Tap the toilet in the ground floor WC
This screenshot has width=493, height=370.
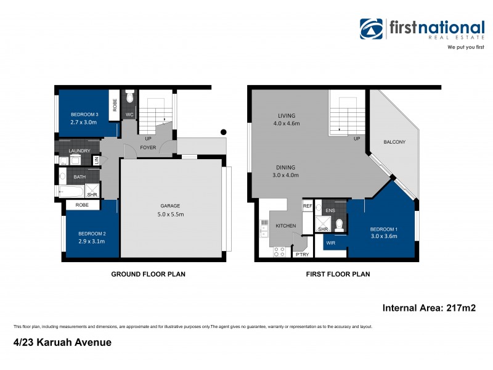pos(129,97)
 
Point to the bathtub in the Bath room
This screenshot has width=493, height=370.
pos(70,191)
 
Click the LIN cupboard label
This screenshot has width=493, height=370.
pos(96,160)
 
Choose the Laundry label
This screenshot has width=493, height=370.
pos(80,150)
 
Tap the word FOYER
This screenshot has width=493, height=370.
pos(148,148)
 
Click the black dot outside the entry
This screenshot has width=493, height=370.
pos(224,131)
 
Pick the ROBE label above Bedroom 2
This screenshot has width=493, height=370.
pos(82,205)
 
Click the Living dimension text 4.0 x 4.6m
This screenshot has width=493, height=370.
pos(287,123)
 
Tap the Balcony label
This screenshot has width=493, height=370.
pos(394,142)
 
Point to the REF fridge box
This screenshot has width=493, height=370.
pos(308,206)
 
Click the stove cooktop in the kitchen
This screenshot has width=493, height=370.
pos(279,252)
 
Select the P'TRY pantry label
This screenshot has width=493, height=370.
pos(302,254)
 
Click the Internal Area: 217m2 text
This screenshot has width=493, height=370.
pos(429,307)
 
